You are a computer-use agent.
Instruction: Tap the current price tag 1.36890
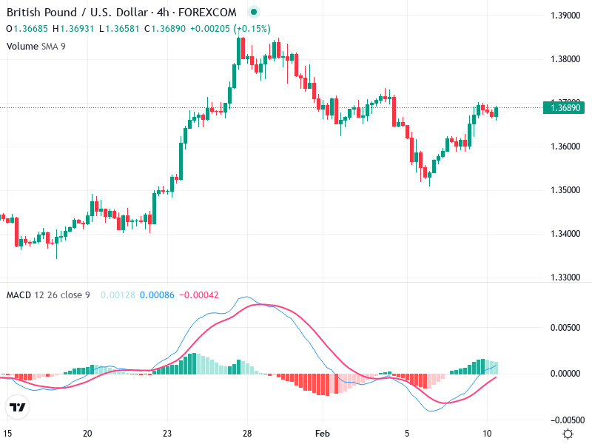coord(566,108)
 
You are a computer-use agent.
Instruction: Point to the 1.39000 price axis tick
coord(566,16)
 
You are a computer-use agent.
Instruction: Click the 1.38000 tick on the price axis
coord(566,59)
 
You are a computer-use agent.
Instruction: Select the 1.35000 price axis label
coord(566,190)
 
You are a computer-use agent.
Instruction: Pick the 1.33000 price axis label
coord(566,277)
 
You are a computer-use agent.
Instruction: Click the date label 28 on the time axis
coord(247,433)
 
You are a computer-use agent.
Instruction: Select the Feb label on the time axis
coord(321,433)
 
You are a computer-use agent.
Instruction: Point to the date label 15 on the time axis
coord(8,433)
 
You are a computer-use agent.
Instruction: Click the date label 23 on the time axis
coord(167,433)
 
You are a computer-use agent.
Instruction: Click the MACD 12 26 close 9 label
coord(48,295)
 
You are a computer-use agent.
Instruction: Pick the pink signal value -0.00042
coord(199,295)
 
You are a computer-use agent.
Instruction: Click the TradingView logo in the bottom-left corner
coord(18,407)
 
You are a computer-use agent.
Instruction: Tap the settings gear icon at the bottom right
coord(568,434)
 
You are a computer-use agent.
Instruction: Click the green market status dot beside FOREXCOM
coord(254,13)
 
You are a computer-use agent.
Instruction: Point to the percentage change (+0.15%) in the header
coord(252,29)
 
